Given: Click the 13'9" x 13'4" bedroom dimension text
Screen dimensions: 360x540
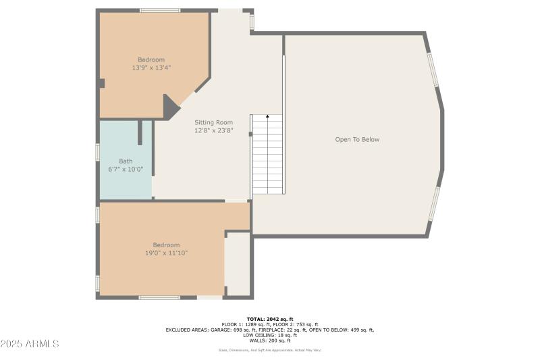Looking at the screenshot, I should point(151,68).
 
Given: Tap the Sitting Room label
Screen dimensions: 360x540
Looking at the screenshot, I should point(213,122).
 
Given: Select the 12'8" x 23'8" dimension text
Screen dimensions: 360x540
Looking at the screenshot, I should point(213,130).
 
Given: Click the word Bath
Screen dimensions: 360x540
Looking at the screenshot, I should point(126,161).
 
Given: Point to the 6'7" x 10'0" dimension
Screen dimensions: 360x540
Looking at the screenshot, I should point(126,169).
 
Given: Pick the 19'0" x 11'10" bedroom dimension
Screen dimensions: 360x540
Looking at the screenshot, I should point(166,253).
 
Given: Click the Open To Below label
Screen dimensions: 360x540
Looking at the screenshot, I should point(357,140).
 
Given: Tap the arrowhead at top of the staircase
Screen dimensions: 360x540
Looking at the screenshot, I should point(267,117).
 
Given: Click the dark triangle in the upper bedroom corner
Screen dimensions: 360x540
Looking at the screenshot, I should point(170,107).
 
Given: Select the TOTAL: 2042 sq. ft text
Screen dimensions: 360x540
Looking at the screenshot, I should point(269,318).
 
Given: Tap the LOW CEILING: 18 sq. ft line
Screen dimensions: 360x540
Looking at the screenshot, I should point(269,336).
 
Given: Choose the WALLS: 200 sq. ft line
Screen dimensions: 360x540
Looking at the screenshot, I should point(269,341).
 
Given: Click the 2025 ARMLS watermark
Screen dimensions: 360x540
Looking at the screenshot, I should point(30,344).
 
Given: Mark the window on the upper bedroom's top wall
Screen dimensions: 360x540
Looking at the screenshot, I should point(160,10).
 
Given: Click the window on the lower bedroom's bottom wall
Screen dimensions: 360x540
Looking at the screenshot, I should point(159,297).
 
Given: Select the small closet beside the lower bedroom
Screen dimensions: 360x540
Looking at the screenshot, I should point(238,264).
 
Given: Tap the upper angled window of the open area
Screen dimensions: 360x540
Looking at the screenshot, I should point(433,70).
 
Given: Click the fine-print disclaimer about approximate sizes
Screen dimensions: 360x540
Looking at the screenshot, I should point(269,350).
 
